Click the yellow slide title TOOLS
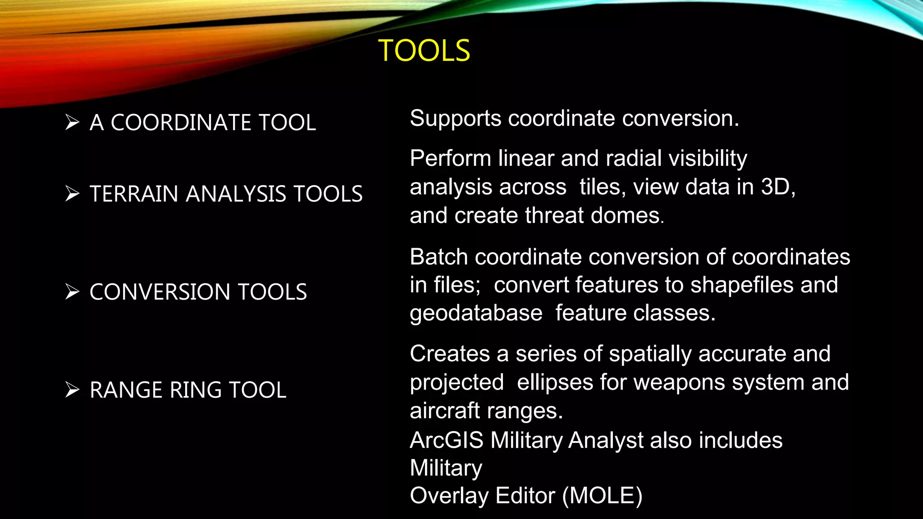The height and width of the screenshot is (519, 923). pos(424,50)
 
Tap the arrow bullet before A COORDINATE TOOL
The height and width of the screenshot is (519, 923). pos(72,122)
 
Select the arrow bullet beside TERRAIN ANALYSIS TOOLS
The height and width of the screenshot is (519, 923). pos(72,194)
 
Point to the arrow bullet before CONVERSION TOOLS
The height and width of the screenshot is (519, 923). pos(72,291)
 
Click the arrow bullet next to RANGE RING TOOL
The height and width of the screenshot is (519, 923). pos(72,390)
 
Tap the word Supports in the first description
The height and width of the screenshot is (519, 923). pos(455,119)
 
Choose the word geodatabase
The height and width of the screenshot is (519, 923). pos(476,314)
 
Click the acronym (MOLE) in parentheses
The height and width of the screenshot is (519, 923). pos(602,496)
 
